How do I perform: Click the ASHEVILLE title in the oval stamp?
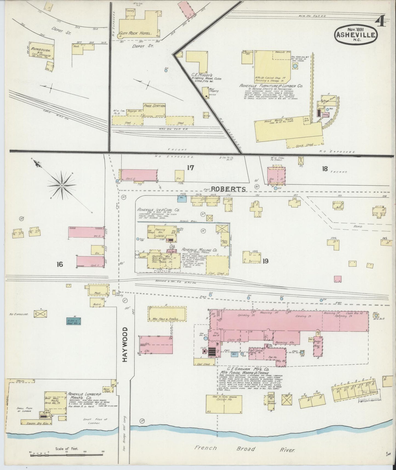pyautogui.click(x=356, y=35)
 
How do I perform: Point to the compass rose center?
pyautogui.click(x=62, y=186)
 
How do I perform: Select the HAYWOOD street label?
pyautogui.click(x=125, y=344)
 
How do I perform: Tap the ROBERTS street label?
pyautogui.click(x=229, y=189)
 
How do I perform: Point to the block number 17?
pyautogui.click(x=190, y=168)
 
